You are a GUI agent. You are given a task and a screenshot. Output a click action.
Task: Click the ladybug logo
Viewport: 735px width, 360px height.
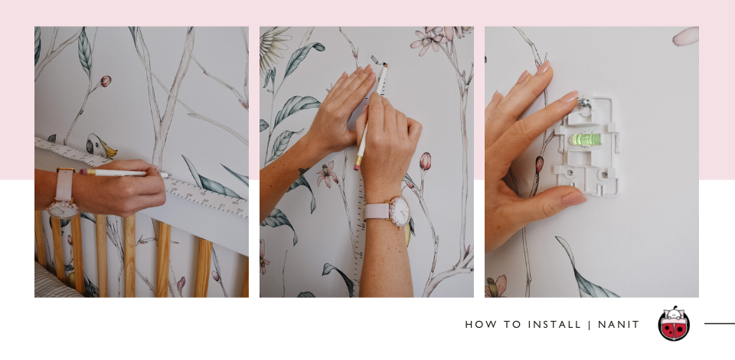(674, 324)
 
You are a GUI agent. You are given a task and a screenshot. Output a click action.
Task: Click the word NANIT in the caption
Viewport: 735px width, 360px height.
(619, 324)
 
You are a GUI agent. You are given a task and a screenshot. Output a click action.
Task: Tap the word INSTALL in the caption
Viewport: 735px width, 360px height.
(554, 324)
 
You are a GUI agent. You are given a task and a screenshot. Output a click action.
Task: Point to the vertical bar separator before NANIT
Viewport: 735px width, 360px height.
(590, 324)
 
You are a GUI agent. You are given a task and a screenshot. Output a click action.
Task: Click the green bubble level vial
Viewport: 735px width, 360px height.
(585, 139)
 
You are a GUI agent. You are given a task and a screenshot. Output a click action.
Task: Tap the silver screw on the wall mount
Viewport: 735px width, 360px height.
(584, 103)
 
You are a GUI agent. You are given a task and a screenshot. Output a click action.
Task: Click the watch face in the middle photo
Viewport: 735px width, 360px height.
(400, 212)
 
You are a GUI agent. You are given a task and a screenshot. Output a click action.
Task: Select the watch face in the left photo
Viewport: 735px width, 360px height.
(62, 210)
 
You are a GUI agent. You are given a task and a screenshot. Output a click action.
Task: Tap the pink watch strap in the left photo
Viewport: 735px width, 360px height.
(64, 185)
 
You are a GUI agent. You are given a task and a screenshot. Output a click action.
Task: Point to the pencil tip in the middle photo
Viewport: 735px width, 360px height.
(385, 66)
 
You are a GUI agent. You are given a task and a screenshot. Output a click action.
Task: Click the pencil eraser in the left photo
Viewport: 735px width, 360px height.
(83, 172)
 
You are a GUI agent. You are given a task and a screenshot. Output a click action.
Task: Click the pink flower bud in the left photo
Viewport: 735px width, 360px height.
(105, 81)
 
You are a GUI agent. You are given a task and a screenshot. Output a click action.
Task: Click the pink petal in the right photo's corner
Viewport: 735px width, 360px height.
(685, 36)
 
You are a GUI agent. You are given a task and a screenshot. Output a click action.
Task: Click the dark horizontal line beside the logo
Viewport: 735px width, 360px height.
(720, 323)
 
